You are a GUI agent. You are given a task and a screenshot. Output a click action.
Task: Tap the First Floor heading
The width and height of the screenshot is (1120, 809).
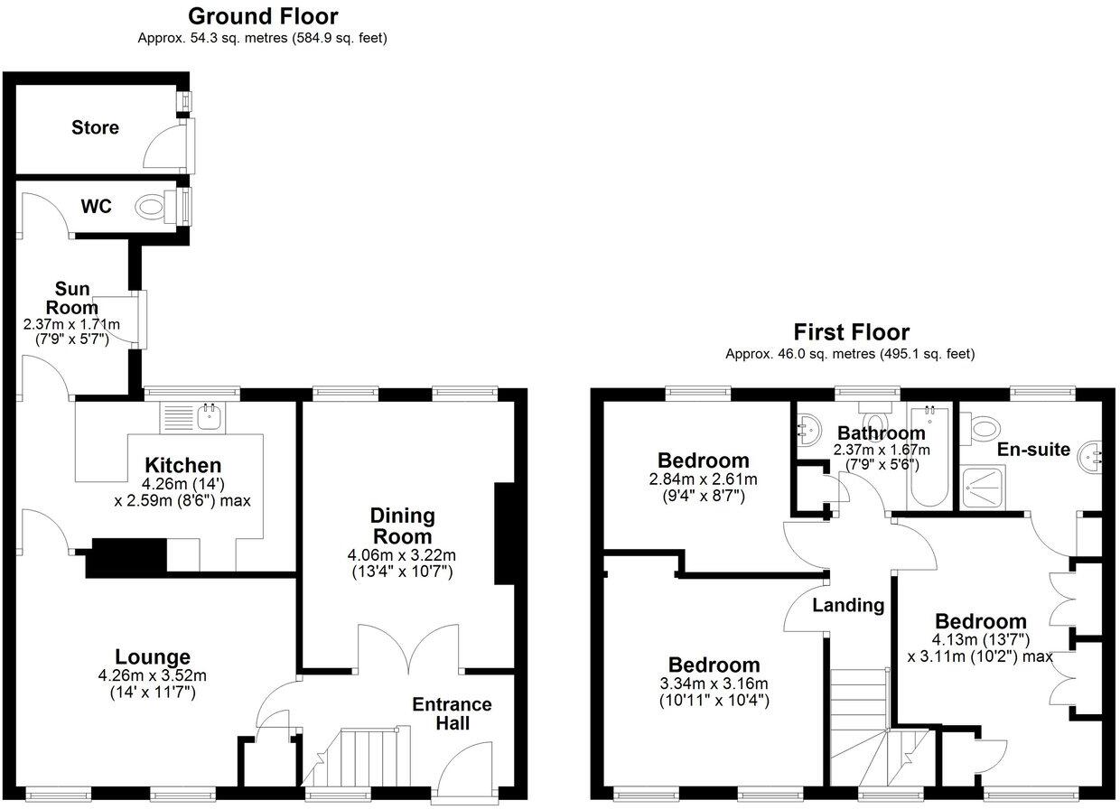pyautogui.click(x=851, y=332)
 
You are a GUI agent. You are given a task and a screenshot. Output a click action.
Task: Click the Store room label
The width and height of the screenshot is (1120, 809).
pyautogui.click(x=95, y=127)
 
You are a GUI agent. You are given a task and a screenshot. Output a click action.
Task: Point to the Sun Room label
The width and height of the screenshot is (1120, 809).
pyautogui.click(x=73, y=298)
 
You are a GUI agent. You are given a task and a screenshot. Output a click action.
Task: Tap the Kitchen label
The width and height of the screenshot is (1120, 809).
pyautogui.click(x=183, y=466)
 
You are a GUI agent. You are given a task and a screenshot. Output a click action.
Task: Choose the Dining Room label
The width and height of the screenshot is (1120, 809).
pyautogui.click(x=402, y=525)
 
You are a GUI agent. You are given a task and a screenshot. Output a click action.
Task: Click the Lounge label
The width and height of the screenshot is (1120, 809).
pyautogui.click(x=153, y=657)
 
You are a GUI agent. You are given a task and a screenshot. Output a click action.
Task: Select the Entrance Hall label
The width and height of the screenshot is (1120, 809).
pyautogui.click(x=452, y=713)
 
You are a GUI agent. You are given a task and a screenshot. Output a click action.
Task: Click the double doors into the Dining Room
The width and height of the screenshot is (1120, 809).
pyautogui.click(x=410, y=646)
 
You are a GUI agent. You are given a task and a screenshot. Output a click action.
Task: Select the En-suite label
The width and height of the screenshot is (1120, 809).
pyautogui.click(x=1033, y=449)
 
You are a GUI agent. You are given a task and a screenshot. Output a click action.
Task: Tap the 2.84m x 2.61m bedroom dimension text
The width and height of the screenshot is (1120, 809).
pyautogui.click(x=704, y=479)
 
